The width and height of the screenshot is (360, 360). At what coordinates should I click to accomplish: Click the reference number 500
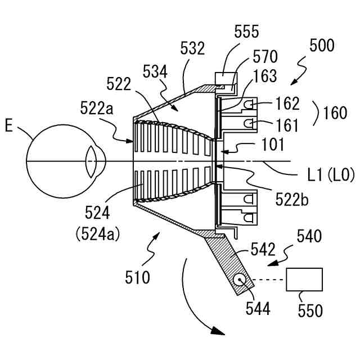coord(321,45)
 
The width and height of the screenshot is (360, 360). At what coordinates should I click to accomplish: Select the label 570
coord(264,57)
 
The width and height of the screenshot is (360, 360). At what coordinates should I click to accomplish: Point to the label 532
coord(192,49)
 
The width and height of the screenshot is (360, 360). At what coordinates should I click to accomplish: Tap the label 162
coord(287,103)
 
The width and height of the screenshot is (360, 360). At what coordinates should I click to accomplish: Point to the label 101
coord(272,145)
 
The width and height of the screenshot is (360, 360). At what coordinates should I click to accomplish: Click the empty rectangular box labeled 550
coord(304,280)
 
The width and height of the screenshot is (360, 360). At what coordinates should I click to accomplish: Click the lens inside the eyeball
coord(91,161)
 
